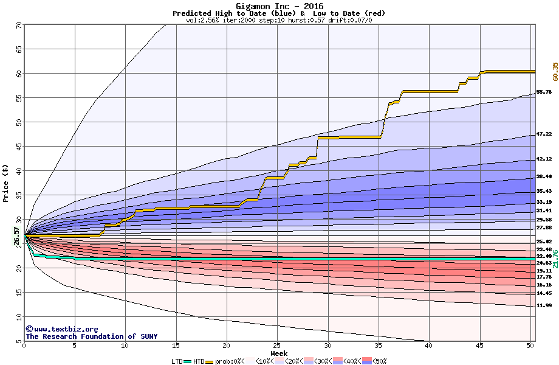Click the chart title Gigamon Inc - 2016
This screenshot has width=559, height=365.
tap(278, 5)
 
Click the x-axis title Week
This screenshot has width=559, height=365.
tap(279, 353)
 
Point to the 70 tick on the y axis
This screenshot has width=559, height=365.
tap(18, 25)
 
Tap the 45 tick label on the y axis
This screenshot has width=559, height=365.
tap(18, 147)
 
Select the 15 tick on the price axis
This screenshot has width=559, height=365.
tap(18, 293)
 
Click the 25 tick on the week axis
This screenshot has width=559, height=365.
tap(277, 346)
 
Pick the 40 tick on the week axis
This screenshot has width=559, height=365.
tap(429, 346)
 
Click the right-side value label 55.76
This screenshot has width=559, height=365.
tap(544, 92)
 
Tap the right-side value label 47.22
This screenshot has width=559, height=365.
tap(544, 134)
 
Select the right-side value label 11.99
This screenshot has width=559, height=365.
tap(544, 305)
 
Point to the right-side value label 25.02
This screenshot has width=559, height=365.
tap(544, 242)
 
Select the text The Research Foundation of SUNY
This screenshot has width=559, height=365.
tap(89, 336)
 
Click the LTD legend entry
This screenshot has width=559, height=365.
tap(177, 361)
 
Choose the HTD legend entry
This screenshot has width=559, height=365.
tap(199, 361)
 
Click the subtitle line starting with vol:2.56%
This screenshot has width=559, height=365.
tap(278, 20)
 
